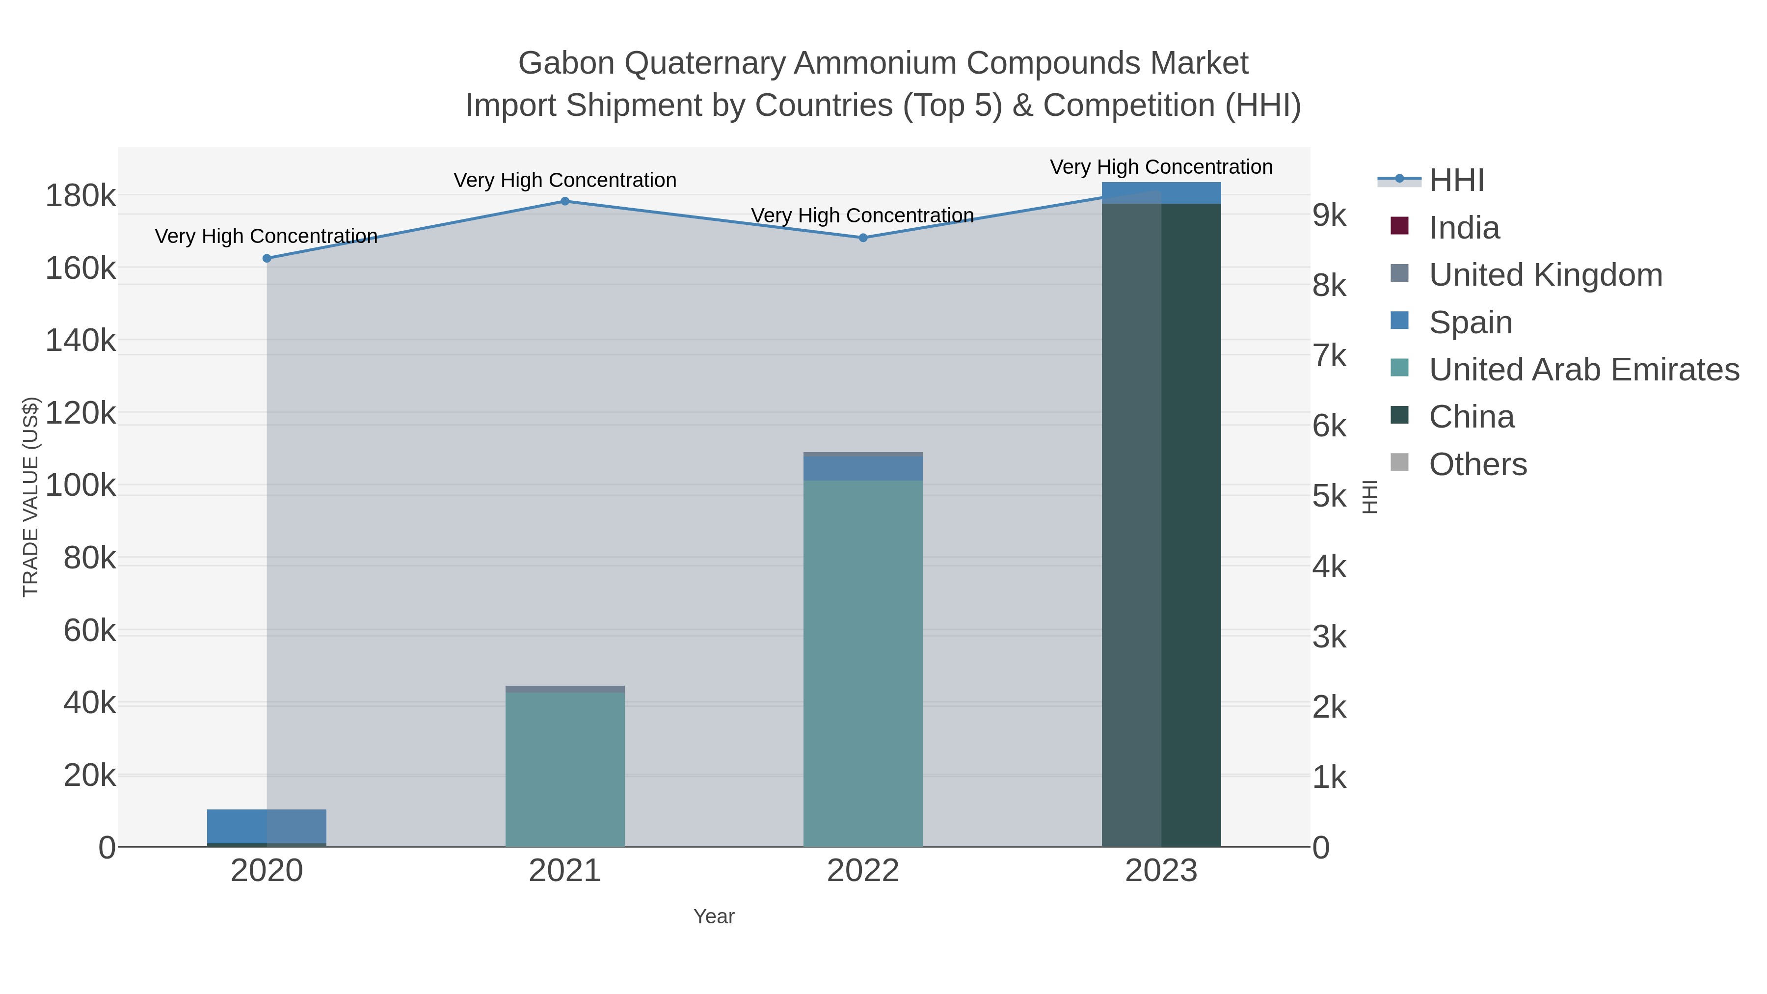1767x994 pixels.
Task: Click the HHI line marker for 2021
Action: pos(564,201)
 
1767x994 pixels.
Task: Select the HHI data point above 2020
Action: pos(267,259)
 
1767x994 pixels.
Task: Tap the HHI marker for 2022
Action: pos(863,238)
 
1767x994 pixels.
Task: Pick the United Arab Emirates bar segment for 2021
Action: pos(564,768)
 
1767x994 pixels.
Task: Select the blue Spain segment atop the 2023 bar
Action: pos(1161,193)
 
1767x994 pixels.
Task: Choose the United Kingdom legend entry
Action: pos(1545,275)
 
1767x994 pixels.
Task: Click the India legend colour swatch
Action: pos(1399,226)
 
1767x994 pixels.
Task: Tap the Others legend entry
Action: pos(1477,464)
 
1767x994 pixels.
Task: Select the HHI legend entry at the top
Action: pos(1456,181)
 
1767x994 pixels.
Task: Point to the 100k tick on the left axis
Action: pos(80,485)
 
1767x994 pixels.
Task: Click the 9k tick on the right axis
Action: pos(1329,215)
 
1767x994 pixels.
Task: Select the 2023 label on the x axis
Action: pos(1161,871)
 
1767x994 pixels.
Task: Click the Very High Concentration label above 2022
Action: pos(862,215)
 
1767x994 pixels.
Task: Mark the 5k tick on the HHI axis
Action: pos(1329,496)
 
